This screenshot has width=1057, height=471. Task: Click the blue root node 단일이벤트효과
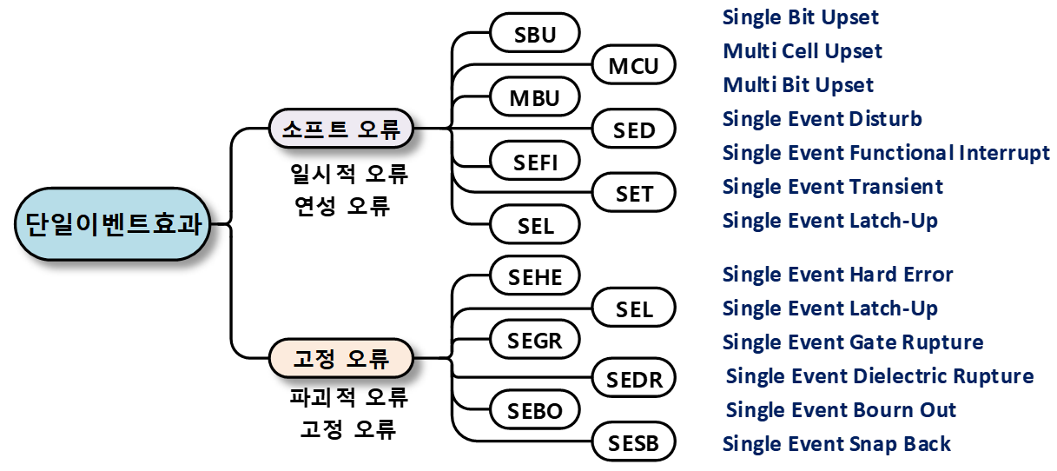coord(112,223)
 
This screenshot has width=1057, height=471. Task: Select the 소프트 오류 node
coord(340,129)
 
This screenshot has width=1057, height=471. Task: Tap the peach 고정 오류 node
coord(340,358)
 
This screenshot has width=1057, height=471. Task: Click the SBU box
coord(535,32)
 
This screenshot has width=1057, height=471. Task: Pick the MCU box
coord(634,64)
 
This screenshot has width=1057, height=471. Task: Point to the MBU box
coord(535,96)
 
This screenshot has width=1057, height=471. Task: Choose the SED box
coord(634,129)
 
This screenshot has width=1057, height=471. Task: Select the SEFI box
coord(535,161)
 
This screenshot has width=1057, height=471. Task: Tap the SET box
coord(634,193)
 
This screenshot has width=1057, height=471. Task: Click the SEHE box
coord(535,275)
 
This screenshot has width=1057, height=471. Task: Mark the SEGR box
coord(535,339)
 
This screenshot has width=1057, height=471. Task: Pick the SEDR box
coord(634,378)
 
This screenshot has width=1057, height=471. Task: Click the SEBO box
coord(535,409)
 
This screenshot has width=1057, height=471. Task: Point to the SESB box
coord(634,441)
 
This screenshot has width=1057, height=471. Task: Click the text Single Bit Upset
coord(800,18)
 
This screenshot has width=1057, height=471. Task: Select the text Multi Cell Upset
coord(803,51)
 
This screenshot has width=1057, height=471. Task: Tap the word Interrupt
coord(1004,154)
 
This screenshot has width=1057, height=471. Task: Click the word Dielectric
coord(899,376)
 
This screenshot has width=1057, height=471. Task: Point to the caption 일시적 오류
coord(349,174)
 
